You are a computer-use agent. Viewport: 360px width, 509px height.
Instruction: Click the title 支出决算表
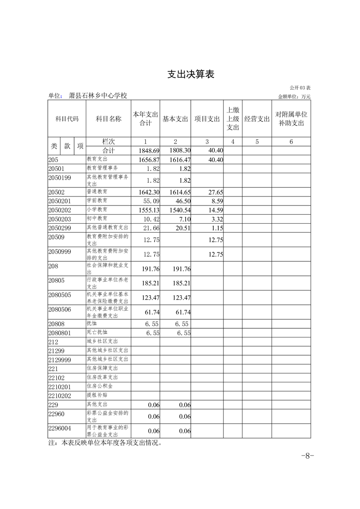point(191,74)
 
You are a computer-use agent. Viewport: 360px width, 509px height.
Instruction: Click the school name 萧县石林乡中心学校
point(98,95)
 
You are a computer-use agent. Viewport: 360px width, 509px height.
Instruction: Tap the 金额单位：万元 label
point(294,96)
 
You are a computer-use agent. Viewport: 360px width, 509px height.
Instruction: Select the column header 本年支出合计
point(145,118)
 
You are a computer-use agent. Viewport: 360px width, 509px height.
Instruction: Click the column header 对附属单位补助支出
point(291,118)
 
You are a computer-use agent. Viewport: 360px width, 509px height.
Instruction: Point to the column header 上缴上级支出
point(232,118)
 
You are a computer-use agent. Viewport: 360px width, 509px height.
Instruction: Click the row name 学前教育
point(97,200)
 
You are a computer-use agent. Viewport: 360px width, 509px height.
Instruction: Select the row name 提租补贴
point(97,395)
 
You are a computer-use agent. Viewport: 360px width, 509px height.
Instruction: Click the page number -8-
point(308,456)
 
